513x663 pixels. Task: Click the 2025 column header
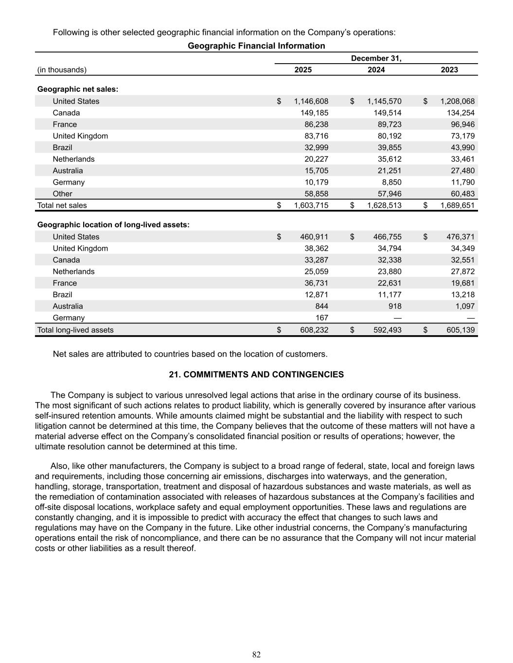coord(303,69)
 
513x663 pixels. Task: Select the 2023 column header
coord(449,69)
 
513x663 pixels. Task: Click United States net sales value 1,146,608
coord(311,101)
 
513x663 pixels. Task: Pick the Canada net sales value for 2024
coord(385,113)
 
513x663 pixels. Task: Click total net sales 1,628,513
coord(384,205)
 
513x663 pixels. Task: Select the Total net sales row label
coord(62,205)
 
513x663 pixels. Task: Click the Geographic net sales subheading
coord(78,89)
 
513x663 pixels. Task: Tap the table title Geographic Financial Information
coord(256,46)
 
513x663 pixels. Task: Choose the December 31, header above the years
coord(376,58)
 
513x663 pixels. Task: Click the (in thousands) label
coord(62,69)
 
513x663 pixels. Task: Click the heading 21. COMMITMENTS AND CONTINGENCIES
coord(256,374)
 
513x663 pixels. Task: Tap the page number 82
coord(256,655)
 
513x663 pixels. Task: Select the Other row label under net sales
coord(62,193)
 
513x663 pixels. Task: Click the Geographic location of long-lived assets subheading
coord(113,224)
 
